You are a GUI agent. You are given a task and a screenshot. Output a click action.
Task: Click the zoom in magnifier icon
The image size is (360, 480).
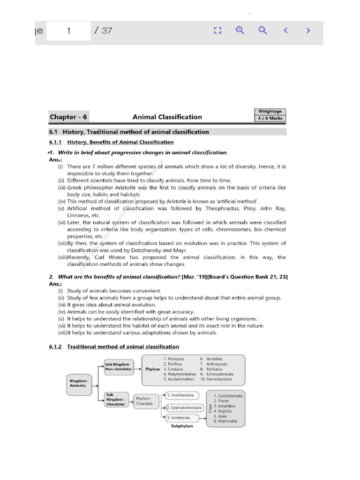[240, 30]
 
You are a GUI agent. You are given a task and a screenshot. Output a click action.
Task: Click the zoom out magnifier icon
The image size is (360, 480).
[262, 30]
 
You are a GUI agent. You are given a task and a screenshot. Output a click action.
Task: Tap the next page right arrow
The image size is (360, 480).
[308, 30]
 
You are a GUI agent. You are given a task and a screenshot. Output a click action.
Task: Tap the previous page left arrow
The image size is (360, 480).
[285, 30]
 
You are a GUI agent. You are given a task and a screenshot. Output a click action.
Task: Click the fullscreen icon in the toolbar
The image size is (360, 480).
[217, 30]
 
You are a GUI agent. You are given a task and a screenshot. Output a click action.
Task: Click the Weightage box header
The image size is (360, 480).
[270, 112]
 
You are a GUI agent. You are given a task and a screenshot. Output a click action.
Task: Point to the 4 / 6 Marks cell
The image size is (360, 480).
[270, 118]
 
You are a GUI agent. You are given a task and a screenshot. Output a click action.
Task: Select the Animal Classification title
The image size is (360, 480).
[167, 117]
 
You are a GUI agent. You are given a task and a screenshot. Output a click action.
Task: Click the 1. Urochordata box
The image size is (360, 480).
[182, 396]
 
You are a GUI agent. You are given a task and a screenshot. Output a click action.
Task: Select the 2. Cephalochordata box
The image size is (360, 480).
[185, 407]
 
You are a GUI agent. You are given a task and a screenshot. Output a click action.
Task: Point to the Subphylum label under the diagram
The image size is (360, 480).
[182, 427]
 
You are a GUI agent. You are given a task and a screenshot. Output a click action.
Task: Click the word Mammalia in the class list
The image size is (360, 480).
[227, 421]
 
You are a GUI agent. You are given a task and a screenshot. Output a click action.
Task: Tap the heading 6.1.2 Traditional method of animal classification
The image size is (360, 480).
[114, 346]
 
